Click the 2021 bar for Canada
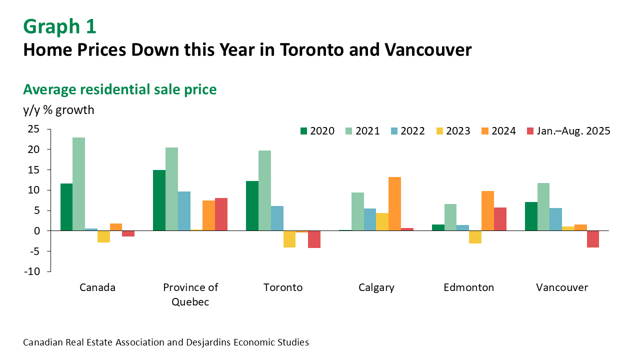78,184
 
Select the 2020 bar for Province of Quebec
159,200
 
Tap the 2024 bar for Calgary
394,203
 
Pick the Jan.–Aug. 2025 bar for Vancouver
593,239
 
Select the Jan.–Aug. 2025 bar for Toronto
314,239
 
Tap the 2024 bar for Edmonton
487,210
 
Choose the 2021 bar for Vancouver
543,206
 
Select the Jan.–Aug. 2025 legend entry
569,131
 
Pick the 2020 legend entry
317,131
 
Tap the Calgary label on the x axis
376,287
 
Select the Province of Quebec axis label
190,294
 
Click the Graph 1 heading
59,26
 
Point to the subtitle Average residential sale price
120,89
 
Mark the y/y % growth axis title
58,109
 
